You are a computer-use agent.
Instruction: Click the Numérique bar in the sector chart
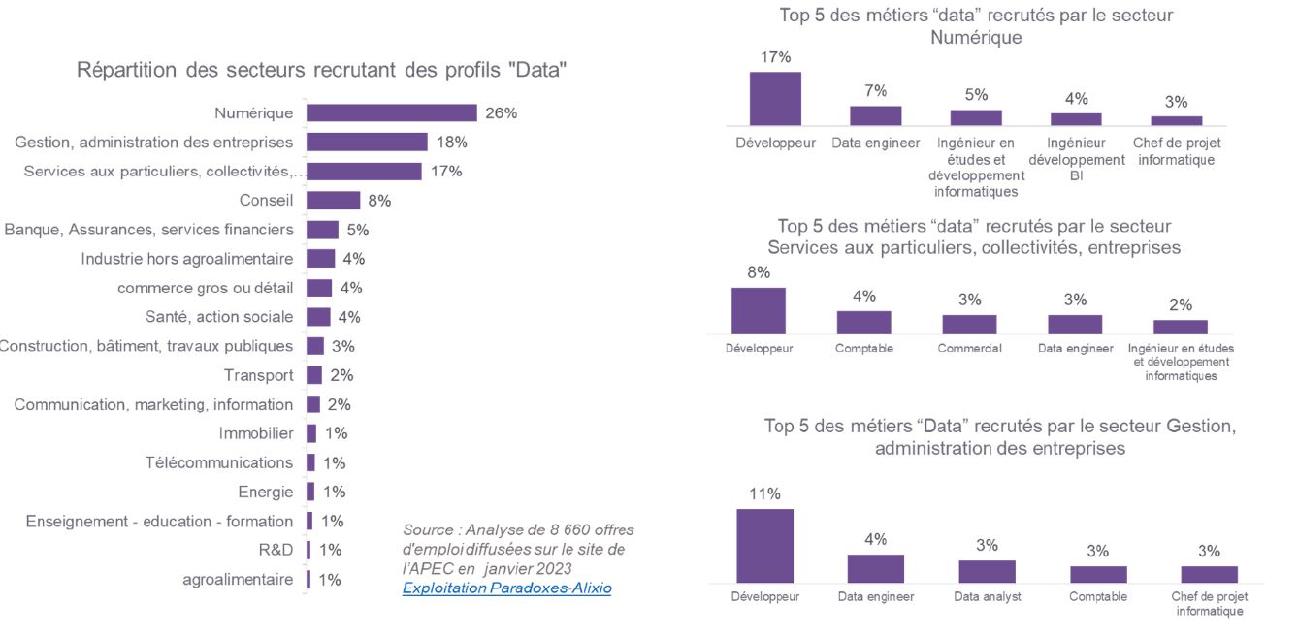pyautogui.click(x=392, y=113)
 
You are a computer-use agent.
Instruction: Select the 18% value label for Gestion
pyautogui.click(x=452, y=143)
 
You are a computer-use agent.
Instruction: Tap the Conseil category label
pyautogui.click(x=266, y=201)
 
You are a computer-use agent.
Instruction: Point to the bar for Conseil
pyautogui.click(x=333, y=201)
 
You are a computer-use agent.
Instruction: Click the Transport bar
pyautogui.click(x=314, y=375)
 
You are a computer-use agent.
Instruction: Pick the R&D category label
pyautogui.click(x=276, y=550)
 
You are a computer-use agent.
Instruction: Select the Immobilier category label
pyautogui.click(x=256, y=433)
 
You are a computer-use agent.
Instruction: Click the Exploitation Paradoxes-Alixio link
pyautogui.click(x=506, y=588)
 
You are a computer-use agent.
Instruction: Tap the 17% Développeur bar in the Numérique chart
pyautogui.click(x=775, y=99)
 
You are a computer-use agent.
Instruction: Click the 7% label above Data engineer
pyautogui.click(x=876, y=91)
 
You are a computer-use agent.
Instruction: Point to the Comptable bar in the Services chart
pyautogui.click(x=863, y=322)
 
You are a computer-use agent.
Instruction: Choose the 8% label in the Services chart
pyautogui.click(x=759, y=272)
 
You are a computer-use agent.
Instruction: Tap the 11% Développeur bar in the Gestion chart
pyautogui.click(x=764, y=546)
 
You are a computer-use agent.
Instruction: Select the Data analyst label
pyautogui.click(x=987, y=597)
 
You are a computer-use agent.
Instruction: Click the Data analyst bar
pyautogui.click(x=987, y=571)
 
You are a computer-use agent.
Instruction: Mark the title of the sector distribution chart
pyautogui.click(x=321, y=70)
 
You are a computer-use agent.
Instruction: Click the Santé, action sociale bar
pyautogui.click(x=318, y=317)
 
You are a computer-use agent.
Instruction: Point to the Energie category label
pyautogui.click(x=265, y=492)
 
